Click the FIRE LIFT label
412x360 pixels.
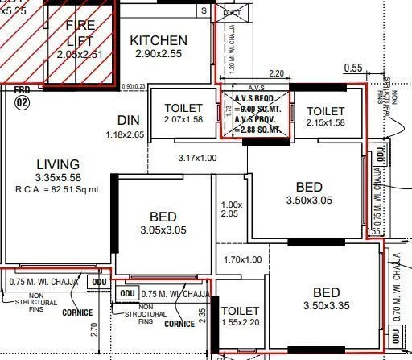[x=80, y=33]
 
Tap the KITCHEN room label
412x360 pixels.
[x=159, y=40]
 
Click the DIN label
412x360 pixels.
[x=128, y=120]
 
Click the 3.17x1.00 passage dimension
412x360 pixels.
[x=197, y=158]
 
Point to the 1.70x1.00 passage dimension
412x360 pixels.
[x=242, y=259]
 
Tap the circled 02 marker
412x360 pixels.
[x=22, y=102]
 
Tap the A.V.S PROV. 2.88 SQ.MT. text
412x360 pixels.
[x=257, y=123]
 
